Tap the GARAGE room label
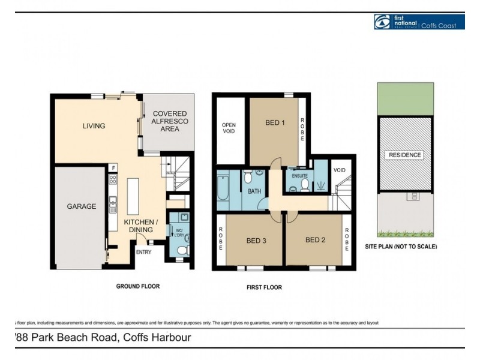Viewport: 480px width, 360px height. [81, 206]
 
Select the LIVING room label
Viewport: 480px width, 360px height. [94, 126]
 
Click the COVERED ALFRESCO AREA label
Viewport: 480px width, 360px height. [170, 121]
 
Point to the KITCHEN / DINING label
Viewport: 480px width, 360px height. [141, 226]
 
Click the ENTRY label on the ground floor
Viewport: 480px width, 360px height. [143, 252]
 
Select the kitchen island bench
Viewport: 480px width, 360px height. [133, 196]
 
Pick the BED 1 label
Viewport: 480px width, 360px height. [275, 123]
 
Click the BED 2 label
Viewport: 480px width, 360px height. [315, 240]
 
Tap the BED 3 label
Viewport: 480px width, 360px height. [256, 241]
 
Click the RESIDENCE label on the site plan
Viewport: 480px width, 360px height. [405, 155]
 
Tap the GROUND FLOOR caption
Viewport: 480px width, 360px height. [137, 286]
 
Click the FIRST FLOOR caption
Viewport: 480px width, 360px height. [264, 287]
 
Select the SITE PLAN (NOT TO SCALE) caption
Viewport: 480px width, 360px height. [401, 247]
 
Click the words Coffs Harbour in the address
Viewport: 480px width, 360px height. [157, 337]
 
